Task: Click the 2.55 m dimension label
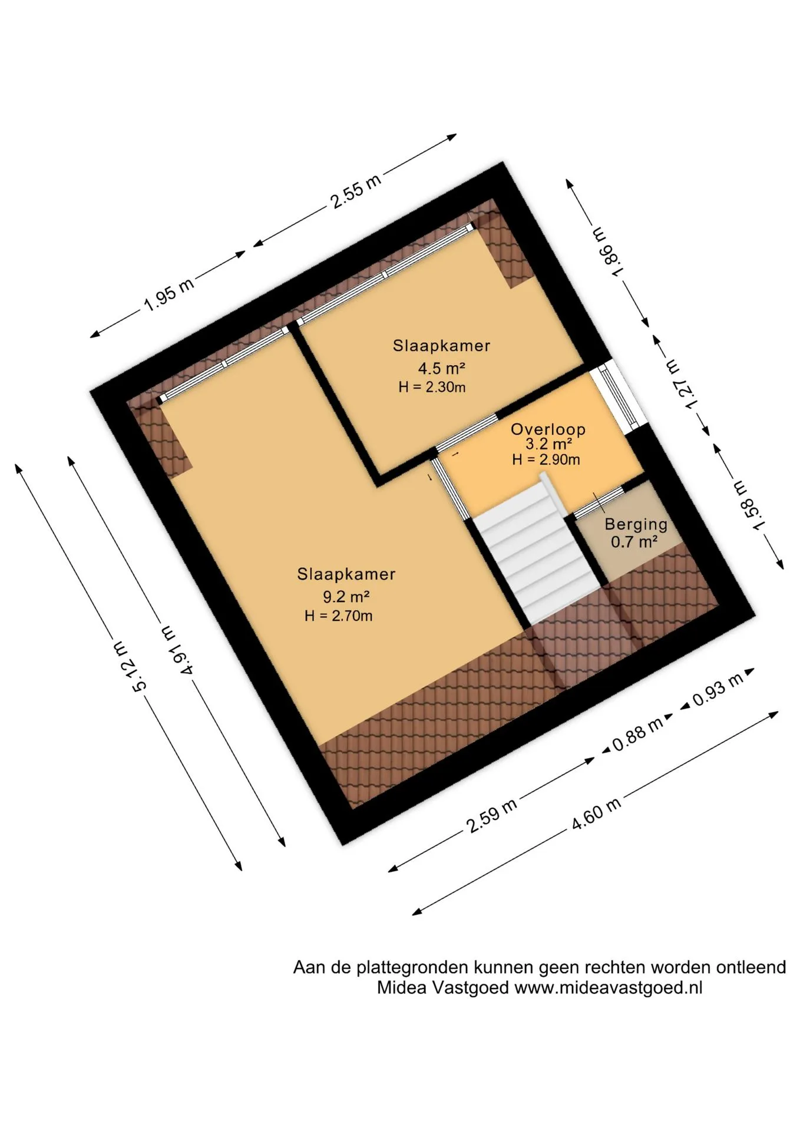coord(356,190)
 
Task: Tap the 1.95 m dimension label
coord(168,296)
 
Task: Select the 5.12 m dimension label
coord(130,667)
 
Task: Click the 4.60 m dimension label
coord(596,813)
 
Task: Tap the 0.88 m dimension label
coord(637,734)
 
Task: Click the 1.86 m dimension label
coord(608,251)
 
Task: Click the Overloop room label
coord(548,429)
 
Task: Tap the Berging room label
coord(636,524)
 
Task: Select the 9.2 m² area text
coord(346,597)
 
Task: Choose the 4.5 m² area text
coord(442,369)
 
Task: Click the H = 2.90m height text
coord(546,459)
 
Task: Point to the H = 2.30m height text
coord(432,387)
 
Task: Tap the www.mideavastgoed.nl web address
coord(609,988)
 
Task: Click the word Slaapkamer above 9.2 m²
coord(346,574)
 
